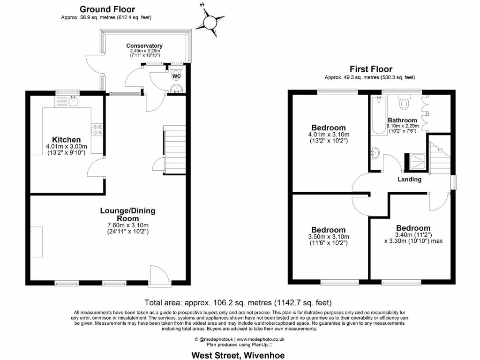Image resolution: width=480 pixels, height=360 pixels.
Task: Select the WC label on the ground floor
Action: [176, 76]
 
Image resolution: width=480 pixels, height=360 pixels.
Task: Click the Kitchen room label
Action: [66, 140]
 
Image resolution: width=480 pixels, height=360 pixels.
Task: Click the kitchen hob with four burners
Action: [97, 129]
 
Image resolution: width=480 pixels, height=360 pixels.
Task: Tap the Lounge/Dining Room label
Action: [127, 215]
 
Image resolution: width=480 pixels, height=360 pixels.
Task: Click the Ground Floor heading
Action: [107, 9]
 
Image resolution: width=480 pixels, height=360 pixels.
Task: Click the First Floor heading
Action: [371, 69]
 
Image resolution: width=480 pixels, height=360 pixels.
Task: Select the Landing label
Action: [409, 179]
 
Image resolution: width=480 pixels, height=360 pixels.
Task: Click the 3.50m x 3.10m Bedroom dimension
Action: [329, 237]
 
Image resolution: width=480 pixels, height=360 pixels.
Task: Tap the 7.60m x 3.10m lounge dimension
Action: [127, 225]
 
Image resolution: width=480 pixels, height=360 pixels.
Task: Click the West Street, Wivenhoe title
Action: [238, 355]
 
